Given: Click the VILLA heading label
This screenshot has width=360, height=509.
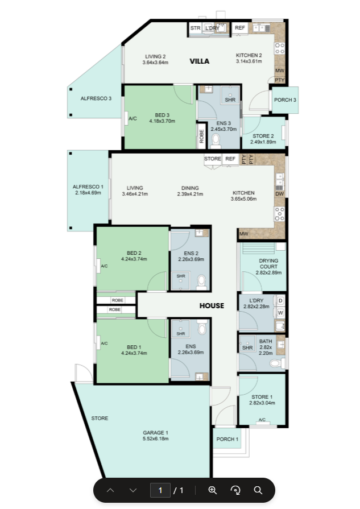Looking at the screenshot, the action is pyautogui.click(x=199, y=61).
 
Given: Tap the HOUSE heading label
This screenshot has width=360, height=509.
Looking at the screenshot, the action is pyautogui.click(x=212, y=306).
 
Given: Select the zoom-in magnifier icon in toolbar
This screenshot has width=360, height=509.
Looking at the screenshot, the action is pyautogui.click(x=213, y=490).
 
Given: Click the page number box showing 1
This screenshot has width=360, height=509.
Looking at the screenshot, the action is pyautogui.click(x=160, y=490).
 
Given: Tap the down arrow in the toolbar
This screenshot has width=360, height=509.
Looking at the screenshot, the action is pyautogui.click(x=133, y=490).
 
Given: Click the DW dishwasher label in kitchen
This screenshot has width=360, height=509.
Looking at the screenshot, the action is pyautogui.click(x=279, y=194).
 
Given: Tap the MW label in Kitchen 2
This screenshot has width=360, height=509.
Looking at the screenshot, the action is pyautogui.click(x=279, y=71).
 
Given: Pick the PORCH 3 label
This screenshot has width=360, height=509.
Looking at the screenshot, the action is pyautogui.click(x=285, y=100).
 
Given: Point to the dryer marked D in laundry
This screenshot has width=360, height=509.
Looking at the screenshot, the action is pyautogui.click(x=280, y=301).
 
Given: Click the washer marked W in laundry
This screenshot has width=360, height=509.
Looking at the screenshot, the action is pyautogui.click(x=280, y=313).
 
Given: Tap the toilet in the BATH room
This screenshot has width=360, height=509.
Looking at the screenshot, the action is pyautogui.click(x=277, y=363).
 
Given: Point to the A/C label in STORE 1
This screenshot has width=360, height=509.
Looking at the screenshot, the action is pyautogui.click(x=262, y=420).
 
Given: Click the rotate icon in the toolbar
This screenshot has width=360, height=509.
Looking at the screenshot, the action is pyautogui.click(x=235, y=490).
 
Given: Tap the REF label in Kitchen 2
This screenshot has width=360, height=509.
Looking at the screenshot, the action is pyautogui.click(x=240, y=28).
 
